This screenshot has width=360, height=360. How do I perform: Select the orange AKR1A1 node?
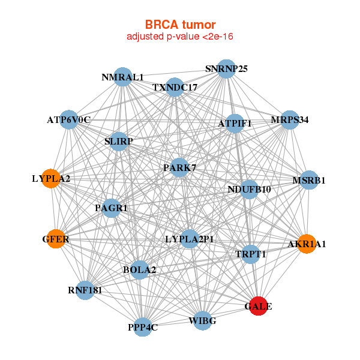[306, 244]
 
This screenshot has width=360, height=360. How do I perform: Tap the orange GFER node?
[56, 239]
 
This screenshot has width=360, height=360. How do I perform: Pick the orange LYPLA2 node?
[51, 178]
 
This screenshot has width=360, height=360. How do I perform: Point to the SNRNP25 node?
[226, 68]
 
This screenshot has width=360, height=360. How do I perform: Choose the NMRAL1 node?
[122, 77]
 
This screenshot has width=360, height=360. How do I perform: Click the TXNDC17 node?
[175, 87]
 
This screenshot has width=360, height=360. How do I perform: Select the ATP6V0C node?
[69, 119]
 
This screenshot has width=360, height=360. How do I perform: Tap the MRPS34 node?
[290, 119]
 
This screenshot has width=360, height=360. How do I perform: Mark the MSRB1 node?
[309, 179]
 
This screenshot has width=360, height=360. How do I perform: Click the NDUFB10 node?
[249, 189]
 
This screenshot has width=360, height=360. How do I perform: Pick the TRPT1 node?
[251, 254]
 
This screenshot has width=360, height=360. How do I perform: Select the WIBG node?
[202, 321]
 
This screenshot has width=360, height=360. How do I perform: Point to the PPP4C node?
[143, 327]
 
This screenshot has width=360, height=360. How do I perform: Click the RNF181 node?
[85, 290]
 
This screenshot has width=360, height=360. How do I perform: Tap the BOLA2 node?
[139, 269]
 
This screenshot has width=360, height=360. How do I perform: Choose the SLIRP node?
[119, 142]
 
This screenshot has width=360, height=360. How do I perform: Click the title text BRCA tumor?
[180, 25]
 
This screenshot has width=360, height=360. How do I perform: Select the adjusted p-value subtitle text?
[180, 37]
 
